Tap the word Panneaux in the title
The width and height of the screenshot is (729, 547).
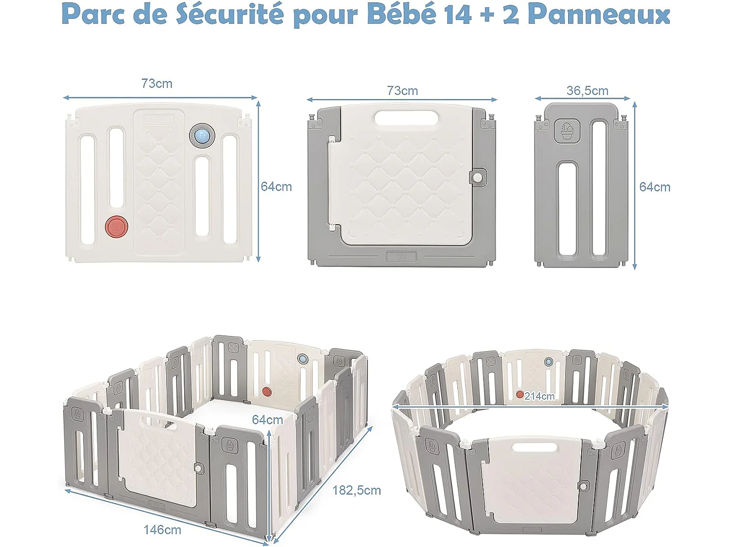pos(598,14)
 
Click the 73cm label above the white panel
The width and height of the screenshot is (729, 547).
pos(156,84)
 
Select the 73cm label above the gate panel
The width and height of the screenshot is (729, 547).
pos(402,91)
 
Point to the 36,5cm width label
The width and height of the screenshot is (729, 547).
pos(587,91)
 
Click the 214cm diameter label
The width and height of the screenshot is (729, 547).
pos(539,396)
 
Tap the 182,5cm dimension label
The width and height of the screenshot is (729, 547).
pos(356,490)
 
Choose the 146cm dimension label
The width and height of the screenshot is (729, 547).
pos(162,529)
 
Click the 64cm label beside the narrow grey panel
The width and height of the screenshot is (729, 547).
pos(655,187)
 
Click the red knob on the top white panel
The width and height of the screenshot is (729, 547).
pos(117,227)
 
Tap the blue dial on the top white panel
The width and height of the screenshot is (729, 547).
pos(202,135)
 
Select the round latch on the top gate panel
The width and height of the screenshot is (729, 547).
pos(478,177)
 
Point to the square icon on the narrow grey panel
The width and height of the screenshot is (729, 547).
pos(567,131)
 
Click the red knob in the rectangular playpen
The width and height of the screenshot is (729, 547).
pos(266,391)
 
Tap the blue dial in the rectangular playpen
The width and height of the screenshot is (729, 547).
pos(303,359)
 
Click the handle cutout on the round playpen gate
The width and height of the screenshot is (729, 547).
pos(534,446)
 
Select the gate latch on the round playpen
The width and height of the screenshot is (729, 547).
pos(583,486)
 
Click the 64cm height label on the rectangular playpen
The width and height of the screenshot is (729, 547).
pos(267,420)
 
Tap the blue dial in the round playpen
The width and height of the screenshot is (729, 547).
pos(549,362)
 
